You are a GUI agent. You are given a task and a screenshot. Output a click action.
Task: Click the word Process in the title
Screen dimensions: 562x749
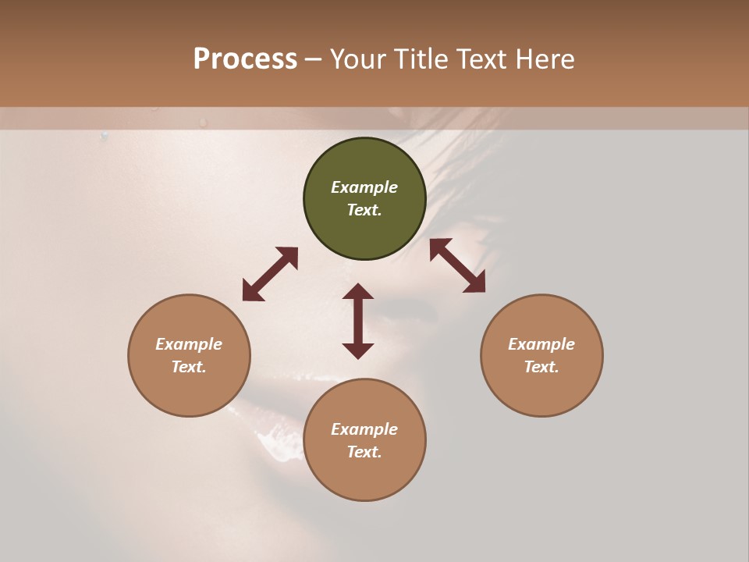click(x=245, y=59)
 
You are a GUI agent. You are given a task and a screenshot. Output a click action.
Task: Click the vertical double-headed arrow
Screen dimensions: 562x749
click(x=358, y=321)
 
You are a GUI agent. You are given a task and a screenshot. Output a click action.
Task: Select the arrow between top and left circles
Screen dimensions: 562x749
click(x=270, y=274)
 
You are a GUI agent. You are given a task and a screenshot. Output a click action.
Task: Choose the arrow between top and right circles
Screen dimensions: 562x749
click(x=458, y=265)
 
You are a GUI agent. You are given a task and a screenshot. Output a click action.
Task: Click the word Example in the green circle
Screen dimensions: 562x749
click(x=364, y=187)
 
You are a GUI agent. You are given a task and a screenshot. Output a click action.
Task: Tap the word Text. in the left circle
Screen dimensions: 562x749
click(x=189, y=367)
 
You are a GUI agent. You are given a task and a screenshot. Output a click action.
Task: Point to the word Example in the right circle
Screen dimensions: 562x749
click(x=541, y=344)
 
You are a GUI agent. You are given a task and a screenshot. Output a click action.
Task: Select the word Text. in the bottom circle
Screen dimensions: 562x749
click(x=364, y=452)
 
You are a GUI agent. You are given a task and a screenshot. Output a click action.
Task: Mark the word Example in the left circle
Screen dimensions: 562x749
click(x=189, y=344)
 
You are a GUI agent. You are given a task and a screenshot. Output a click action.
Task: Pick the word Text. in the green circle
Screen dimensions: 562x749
click(x=364, y=210)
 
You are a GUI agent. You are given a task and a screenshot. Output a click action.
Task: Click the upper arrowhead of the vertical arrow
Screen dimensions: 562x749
click(x=358, y=292)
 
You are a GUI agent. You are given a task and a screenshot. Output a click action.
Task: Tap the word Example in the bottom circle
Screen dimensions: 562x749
click(x=364, y=429)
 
